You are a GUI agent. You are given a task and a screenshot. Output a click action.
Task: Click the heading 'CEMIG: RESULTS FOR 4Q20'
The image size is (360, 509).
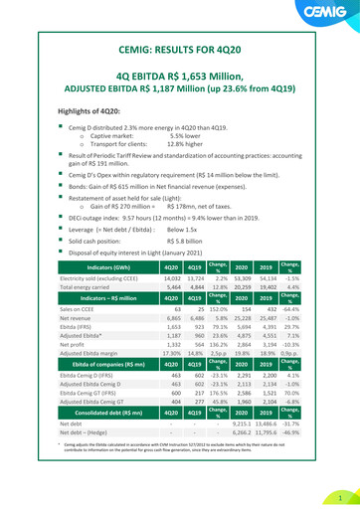click(180, 49)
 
